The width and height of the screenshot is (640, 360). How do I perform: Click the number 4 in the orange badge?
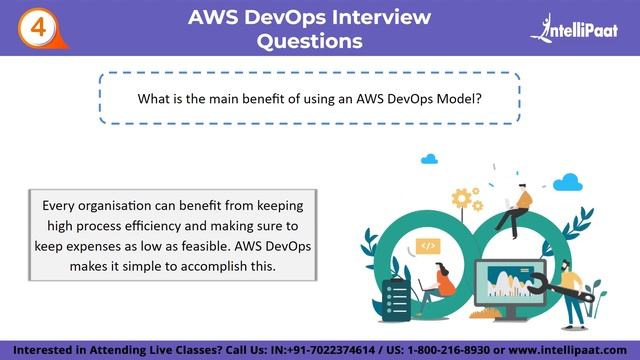tap(38, 27)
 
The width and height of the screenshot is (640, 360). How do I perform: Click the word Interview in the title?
tap(368, 17)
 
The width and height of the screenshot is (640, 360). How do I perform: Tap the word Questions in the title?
tap(310, 42)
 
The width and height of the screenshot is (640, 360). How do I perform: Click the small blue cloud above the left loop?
tap(430, 158)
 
